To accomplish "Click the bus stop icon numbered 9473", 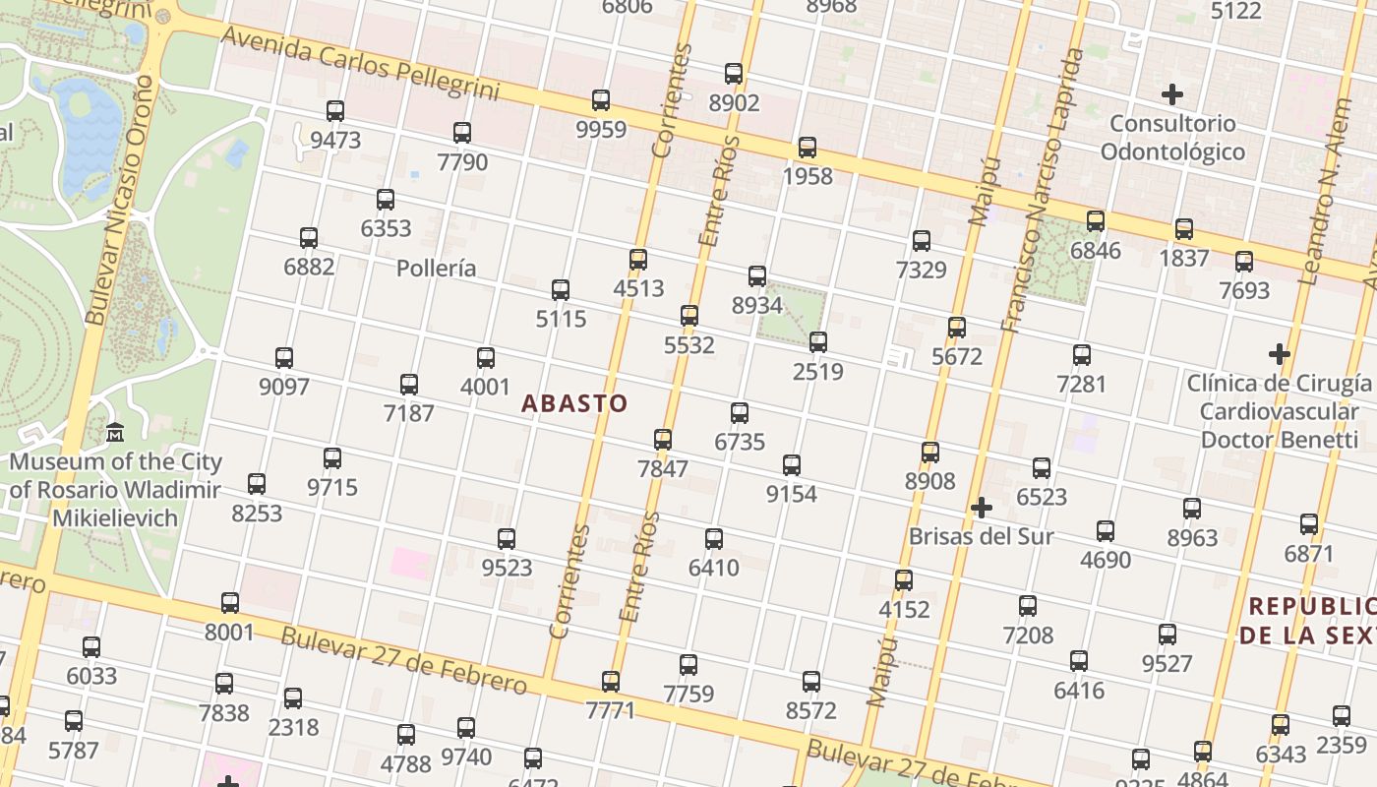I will coord(335,111).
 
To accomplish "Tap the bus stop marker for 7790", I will coord(462,133).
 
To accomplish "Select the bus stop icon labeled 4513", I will coord(638,260).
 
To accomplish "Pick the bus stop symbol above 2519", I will coord(818,342).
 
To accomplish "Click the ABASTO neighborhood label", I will coord(574,403).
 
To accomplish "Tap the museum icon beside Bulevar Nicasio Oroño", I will coord(115,432).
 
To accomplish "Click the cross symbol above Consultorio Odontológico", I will coord(1171,94).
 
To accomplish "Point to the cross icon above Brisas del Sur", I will coord(981,508).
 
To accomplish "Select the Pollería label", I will coord(437,269).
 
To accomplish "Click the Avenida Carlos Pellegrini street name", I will coord(359,64).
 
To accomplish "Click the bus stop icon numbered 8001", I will coord(230,603).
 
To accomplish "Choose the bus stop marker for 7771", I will coord(611,681).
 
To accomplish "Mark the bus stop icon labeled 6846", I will coord(1096,221).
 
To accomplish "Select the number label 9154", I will coord(792,494).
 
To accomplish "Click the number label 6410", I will coord(714,568).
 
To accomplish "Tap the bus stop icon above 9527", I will coord(1167,635).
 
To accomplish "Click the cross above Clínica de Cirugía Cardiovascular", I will coord(1279,353).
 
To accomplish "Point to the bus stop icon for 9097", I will coord(284,358).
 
